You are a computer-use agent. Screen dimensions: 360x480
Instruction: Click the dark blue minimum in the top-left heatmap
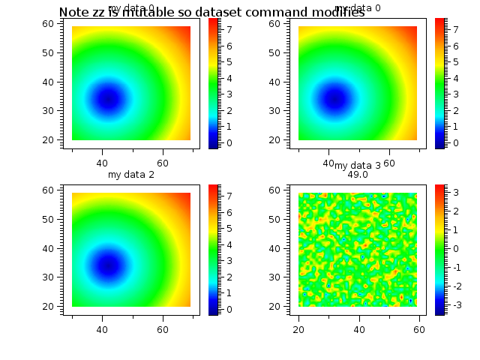[x=108, y=99]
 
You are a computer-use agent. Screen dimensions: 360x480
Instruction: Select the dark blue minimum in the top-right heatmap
[x=334, y=99]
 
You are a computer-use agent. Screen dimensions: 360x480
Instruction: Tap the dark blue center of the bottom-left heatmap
[x=108, y=265]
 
